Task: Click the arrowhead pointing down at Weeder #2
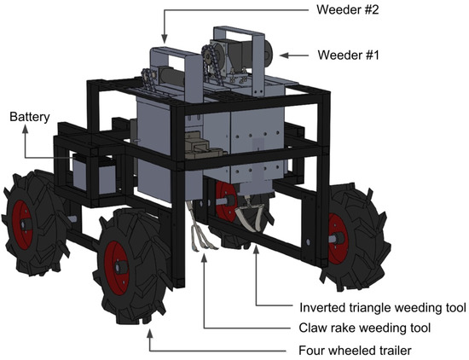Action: [165, 40]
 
